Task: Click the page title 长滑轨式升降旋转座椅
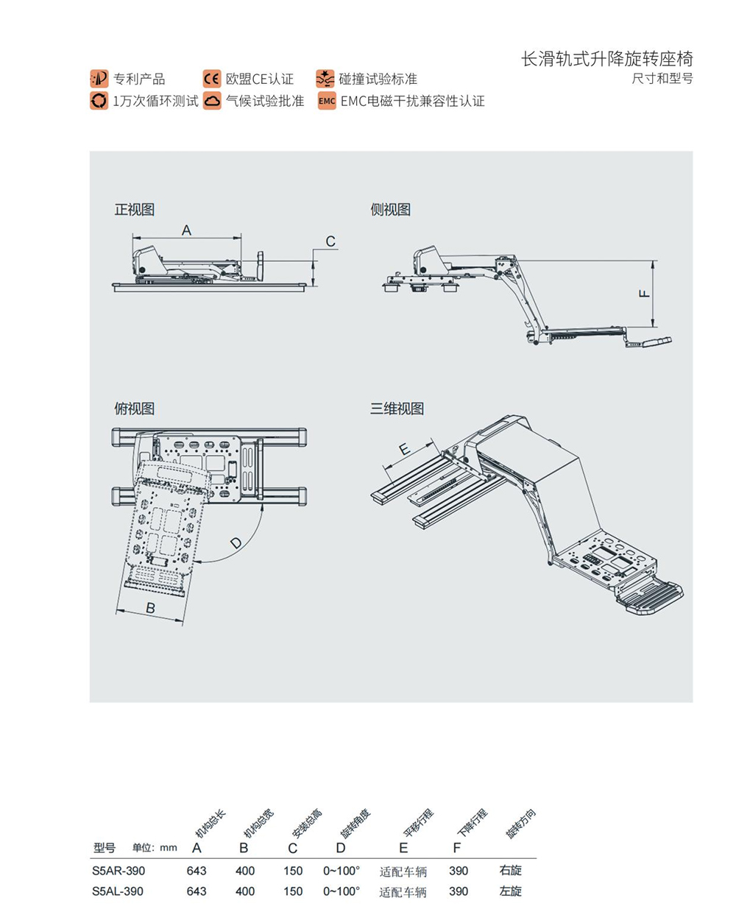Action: [606, 60]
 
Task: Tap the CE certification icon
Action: [212, 79]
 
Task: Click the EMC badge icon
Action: [327, 101]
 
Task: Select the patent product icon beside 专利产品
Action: [99, 79]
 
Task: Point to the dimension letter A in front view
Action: [186, 230]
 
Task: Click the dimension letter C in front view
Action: [330, 241]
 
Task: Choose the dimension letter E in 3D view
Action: [403, 449]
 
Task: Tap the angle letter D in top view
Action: [236, 544]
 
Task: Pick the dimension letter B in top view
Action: [150, 608]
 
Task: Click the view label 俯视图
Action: [134, 409]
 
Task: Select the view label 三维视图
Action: [397, 409]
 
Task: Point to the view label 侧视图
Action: [390, 210]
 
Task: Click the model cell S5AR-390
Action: [118, 871]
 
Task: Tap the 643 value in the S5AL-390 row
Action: [197, 891]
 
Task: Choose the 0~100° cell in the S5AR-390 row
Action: [342, 871]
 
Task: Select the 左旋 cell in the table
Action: [510, 891]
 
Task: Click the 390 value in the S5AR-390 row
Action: [459, 871]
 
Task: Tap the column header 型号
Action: [105, 848]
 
